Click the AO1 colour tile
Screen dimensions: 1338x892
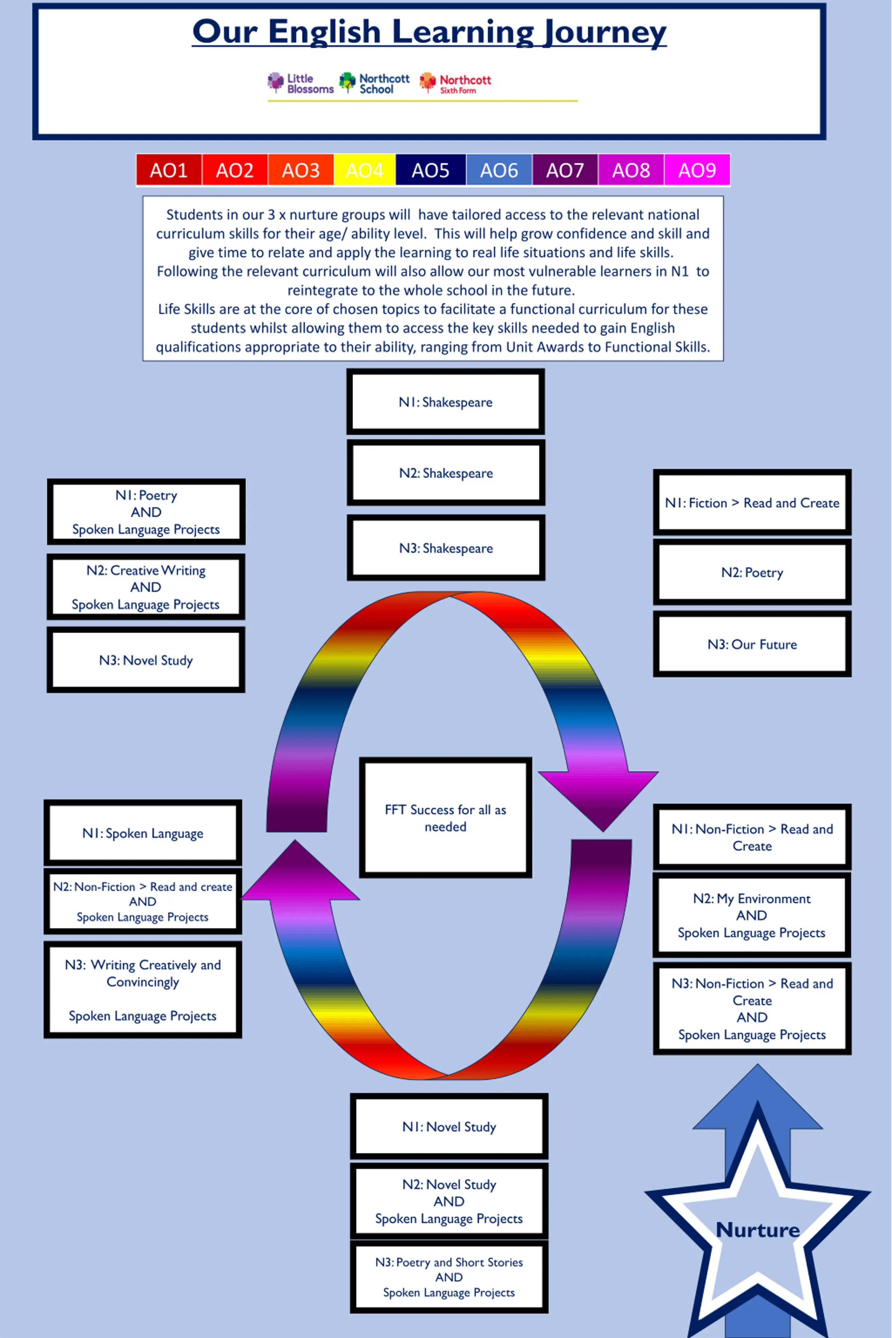[x=169, y=170]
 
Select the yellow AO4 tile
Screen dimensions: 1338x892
[x=365, y=170]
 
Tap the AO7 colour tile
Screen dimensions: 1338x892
[x=565, y=170]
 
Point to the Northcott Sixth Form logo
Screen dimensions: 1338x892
[x=456, y=84]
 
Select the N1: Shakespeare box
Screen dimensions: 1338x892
[x=445, y=402]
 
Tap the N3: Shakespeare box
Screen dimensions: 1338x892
[x=445, y=548]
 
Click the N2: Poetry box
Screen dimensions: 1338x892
[x=752, y=572]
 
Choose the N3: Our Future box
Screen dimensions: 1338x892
[x=752, y=644]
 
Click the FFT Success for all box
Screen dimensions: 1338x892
[x=445, y=818]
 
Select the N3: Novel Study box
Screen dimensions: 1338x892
[x=146, y=660]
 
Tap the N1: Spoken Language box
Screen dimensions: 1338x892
[x=143, y=833]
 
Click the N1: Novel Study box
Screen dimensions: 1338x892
[x=449, y=1127]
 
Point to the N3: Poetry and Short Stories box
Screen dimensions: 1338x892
[x=449, y=1277]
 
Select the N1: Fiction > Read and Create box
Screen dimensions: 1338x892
[x=752, y=502]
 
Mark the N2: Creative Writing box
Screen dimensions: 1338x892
[x=146, y=587]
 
